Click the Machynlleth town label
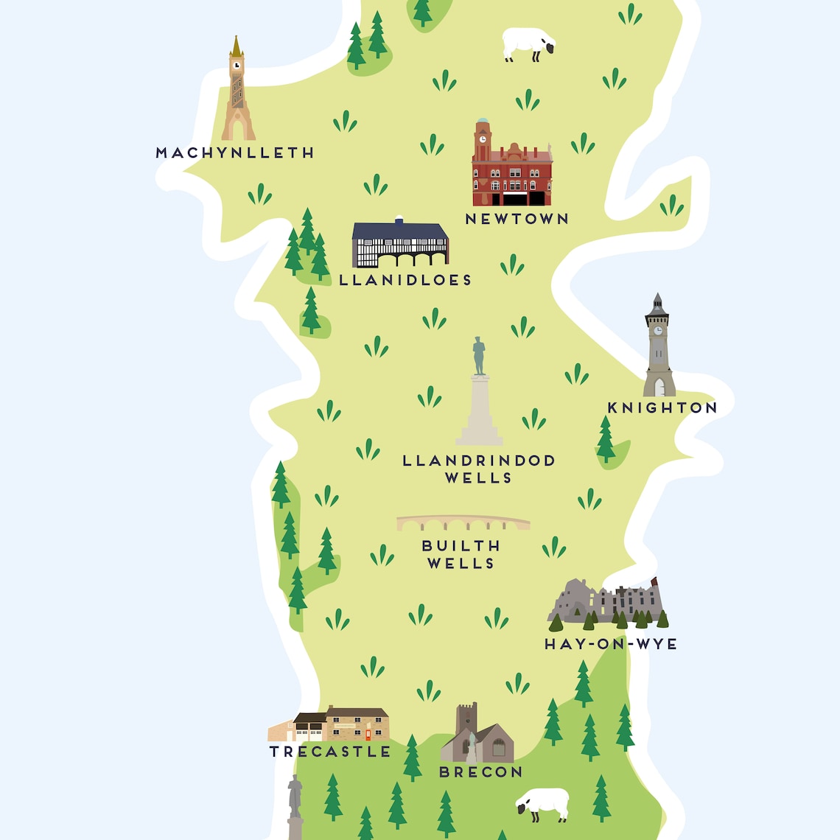[235, 153]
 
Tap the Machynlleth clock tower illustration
[237, 92]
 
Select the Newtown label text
[517, 219]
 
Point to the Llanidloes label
[405, 280]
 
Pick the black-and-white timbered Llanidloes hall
[400, 244]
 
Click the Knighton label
[662, 407]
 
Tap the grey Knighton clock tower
[658, 350]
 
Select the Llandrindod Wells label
[479, 469]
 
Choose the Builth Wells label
[461, 554]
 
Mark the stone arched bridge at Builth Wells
[463, 523]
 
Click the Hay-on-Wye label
[610, 644]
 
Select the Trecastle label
[330, 752]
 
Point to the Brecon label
[480, 772]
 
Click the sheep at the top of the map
[528, 43]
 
